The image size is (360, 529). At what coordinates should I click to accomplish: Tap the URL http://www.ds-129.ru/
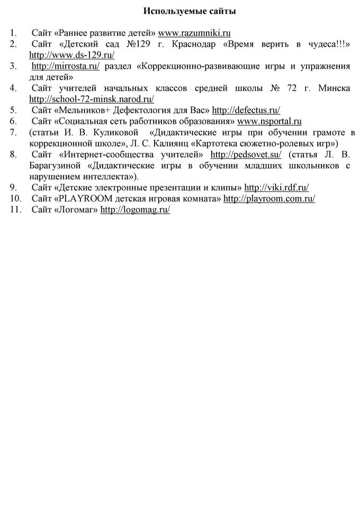tap(72, 54)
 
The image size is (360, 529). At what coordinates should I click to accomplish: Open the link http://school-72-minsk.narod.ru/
tap(92, 98)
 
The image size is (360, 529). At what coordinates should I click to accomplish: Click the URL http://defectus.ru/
tap(246, 110)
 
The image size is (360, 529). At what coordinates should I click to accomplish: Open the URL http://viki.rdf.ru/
tap(276, 187)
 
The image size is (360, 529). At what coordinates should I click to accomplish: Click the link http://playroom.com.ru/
tap(269, 198)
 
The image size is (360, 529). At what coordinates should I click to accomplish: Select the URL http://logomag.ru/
tap(135, 209)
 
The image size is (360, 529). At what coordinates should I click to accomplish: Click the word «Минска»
tap(334, 88)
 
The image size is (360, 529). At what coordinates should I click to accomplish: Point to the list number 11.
tap(14, 209)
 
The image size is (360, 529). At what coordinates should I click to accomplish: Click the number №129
tap(137, 44)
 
